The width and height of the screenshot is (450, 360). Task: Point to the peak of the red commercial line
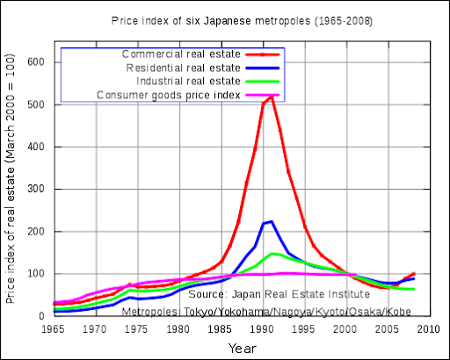[x=272, y=97]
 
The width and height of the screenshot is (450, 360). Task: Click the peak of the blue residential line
[x=271, y=221]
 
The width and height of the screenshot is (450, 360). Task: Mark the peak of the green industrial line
[x=273, y=254]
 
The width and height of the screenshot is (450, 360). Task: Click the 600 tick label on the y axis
[x=36, y=62]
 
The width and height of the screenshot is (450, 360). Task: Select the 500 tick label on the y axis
[x=36, y=104]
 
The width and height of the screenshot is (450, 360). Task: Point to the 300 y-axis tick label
[x=36, y=189]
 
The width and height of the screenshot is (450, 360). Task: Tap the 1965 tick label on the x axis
[x=54, y=329]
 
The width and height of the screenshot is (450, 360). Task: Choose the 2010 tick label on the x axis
[x=429, y=329]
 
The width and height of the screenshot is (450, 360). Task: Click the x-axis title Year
[x=242, y=348]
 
